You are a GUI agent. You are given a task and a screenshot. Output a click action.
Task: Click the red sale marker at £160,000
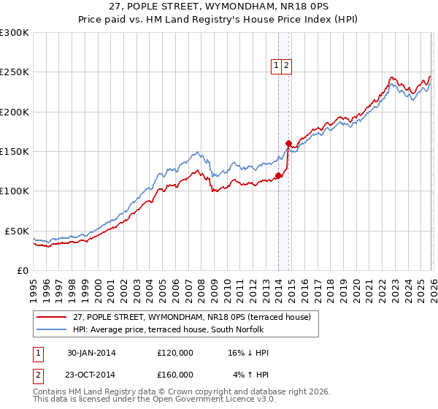[289, 143]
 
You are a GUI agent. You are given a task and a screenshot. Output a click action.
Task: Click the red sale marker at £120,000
[279, 175]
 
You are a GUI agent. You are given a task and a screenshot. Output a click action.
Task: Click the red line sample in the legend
[53, 317]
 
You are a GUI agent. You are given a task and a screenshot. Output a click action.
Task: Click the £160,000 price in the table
[175, 374]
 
